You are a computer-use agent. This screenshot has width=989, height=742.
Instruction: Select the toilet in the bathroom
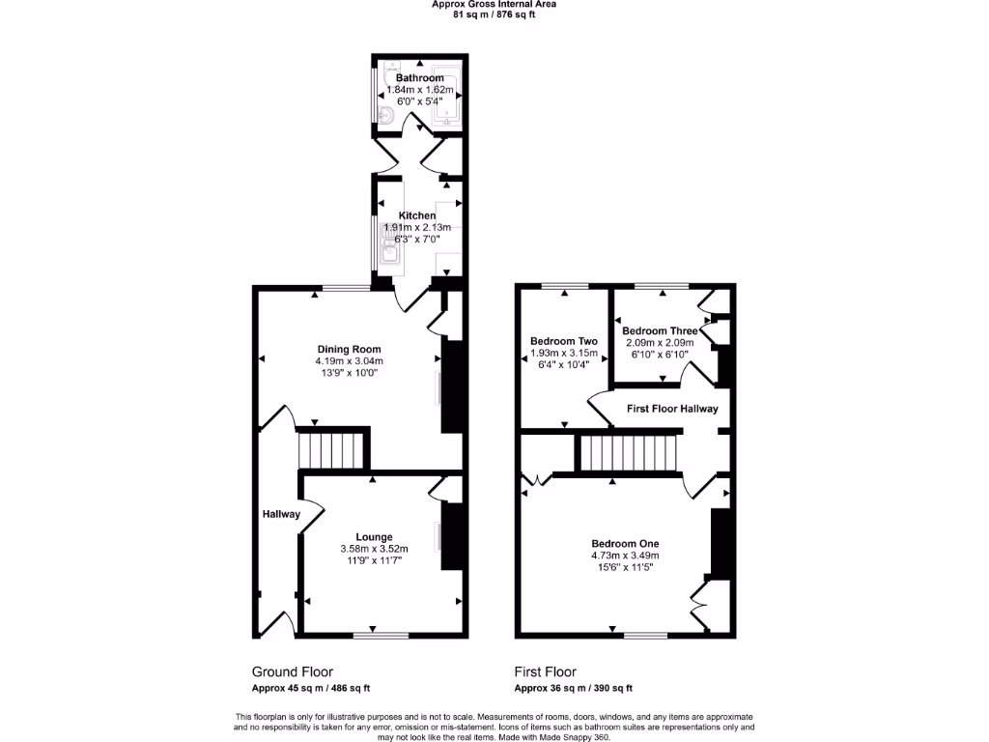pyautogui.click(x=387, y=117)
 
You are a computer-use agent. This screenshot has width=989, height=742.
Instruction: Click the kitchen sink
pyautogui.click(x=390, y=254)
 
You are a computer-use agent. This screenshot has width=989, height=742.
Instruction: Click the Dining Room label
pyautogui.click(x=349, y=350)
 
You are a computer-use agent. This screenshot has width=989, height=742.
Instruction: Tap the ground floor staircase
pyautogui.click(x=331, y=449)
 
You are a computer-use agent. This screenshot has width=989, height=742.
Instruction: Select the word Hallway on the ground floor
pyautogui.click(x=281, y=514)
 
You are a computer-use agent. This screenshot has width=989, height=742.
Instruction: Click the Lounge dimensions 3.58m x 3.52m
pyautogui.click(x=374, y=550)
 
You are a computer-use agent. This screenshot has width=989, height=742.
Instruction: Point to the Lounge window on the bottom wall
pyautogui.click(x=375, y=635)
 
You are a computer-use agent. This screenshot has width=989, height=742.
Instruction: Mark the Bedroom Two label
pyautogui.click(x=564, y=341)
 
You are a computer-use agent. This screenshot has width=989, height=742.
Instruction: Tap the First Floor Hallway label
pyautogui.click(x=672, y=409)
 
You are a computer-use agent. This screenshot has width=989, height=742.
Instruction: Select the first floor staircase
pyautogui.click(x=628, y=452)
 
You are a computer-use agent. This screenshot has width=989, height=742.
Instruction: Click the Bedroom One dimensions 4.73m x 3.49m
pyautogui.click(x=625, y=556)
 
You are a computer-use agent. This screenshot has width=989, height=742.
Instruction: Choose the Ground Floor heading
pyautogui.click(x=293, y=671)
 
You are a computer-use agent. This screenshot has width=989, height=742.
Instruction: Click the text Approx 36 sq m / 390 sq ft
pyautogui.click(x=573, y=689)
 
